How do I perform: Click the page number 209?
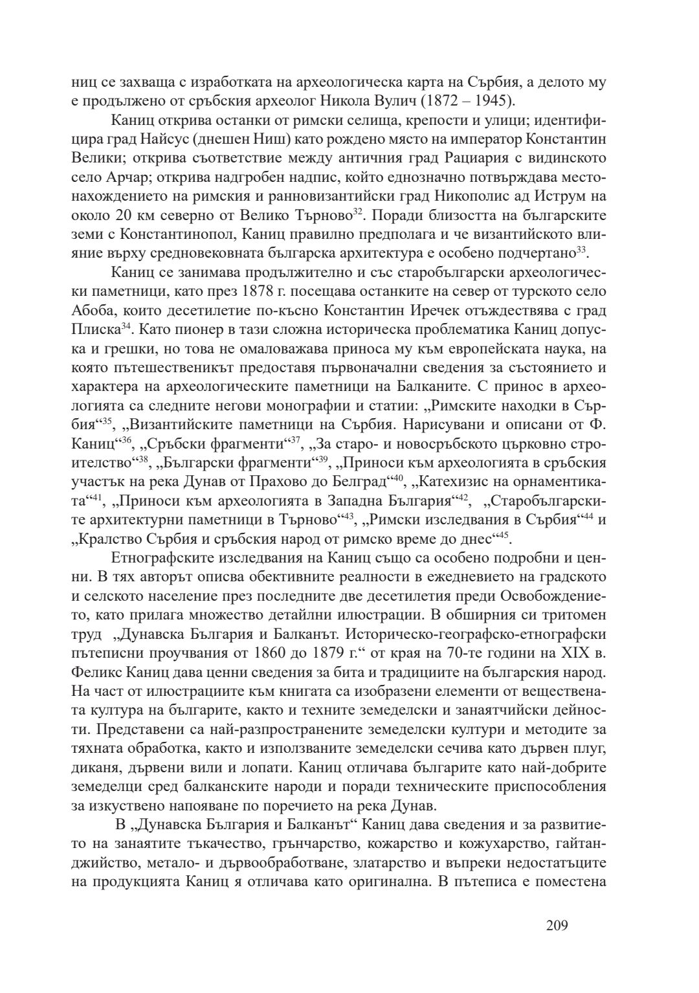pos(557,925)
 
